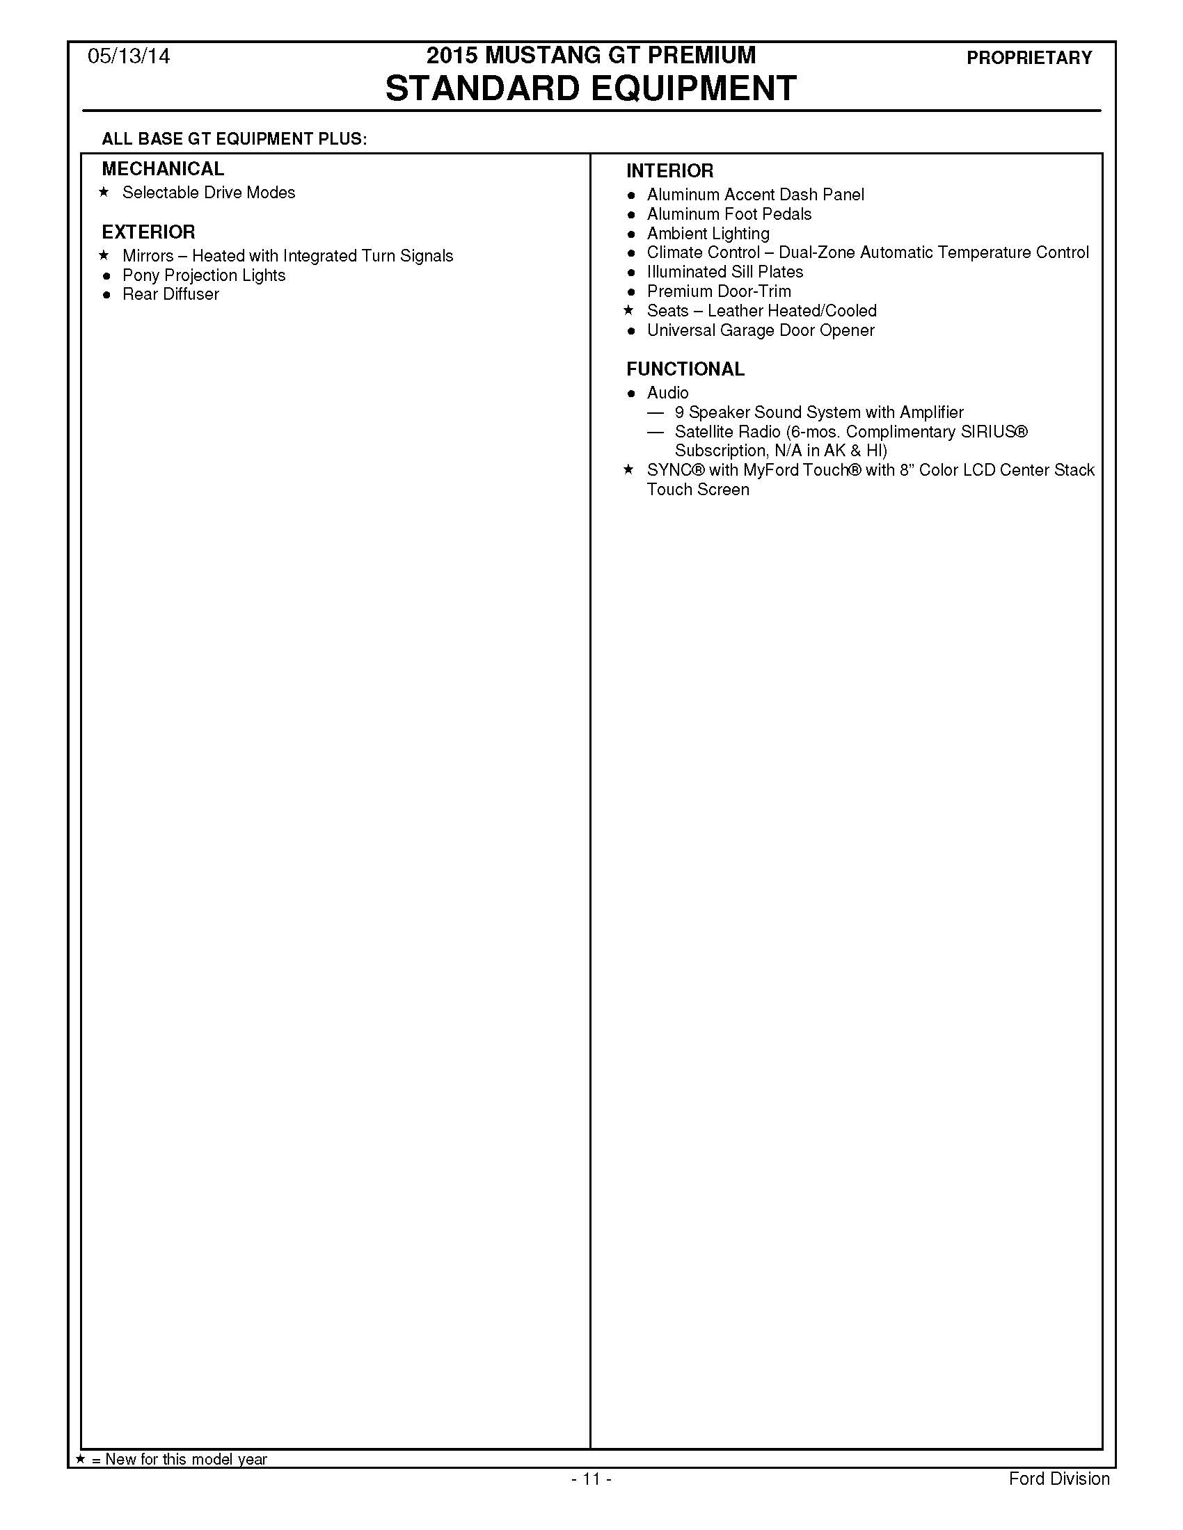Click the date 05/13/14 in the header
(x=128, y=57)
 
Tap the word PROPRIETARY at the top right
(x=1029, y=58)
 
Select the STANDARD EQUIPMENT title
(x=591, y=89)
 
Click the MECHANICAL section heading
(x=163, y=169)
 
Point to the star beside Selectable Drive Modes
(x=104, y=192)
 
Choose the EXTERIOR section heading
(x=149, y=232)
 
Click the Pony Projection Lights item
(x=204, y=275)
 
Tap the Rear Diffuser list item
(x=170, y=294)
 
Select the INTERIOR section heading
(x=670, y=171)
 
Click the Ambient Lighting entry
(x=708, y=233)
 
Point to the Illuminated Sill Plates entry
(x=724, y=272)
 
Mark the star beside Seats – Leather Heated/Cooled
(x=628, y=310)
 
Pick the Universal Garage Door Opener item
(x=761, y=330)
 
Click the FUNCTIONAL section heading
(x=685, y=369)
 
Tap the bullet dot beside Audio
(x=630, y=394)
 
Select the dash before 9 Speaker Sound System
(x=656, y=412)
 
